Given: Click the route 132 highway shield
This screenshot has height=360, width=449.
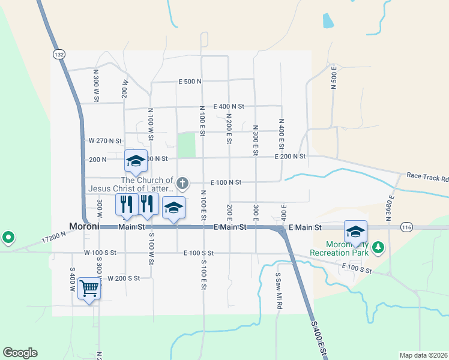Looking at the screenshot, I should coord(58,54).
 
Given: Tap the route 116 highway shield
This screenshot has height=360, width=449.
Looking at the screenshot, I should coord(407,227).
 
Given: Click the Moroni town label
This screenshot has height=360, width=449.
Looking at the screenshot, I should coord(88,227).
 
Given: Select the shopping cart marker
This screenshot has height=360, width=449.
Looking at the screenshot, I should coord(89,289).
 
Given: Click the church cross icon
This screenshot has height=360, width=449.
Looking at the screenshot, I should coord(182,182).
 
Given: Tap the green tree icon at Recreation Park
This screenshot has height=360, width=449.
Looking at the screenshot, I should coord(378,247).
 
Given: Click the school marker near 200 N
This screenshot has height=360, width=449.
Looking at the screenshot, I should coord(136,161).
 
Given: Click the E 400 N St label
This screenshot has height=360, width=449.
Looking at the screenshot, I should coord(224,106).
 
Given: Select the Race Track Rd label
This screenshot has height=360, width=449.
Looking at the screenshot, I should coord(427,178).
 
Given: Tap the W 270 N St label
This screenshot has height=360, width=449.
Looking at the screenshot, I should coord(105,140).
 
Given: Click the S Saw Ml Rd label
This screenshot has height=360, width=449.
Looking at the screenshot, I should coord(279,291).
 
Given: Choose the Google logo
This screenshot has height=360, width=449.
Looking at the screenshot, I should coord(20,353).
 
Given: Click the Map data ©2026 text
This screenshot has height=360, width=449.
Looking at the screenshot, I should coord(423,355).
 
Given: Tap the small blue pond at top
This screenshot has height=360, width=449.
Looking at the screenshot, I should coord(327,21).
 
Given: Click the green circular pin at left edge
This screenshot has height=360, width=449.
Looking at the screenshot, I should coord(7,238).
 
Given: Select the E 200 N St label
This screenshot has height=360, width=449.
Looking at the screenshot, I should coord(291,156).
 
